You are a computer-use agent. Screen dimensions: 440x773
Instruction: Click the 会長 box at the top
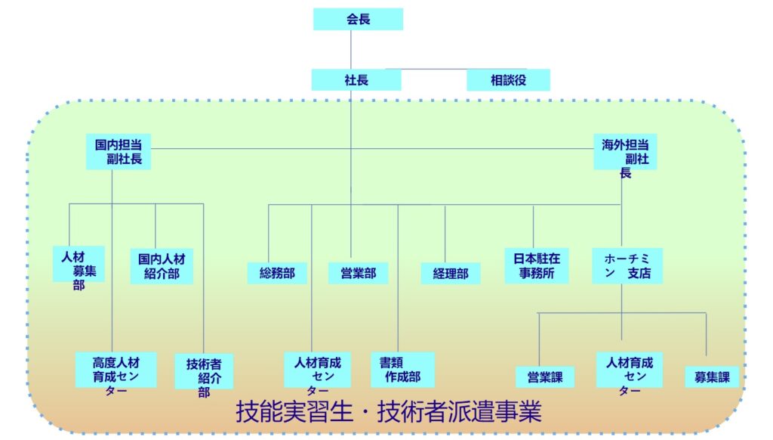[358, 20]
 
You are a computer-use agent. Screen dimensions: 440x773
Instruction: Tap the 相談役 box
[507, 79]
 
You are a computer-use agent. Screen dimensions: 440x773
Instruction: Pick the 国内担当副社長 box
[119, 151]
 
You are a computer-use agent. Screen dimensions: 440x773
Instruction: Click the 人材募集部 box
[79, 264]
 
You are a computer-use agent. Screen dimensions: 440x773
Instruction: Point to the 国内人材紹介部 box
[162, 266]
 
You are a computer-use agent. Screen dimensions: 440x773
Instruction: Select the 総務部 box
[277, 273]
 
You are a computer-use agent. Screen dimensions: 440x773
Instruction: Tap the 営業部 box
[358, 273]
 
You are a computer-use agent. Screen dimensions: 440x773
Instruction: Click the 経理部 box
[451, 273]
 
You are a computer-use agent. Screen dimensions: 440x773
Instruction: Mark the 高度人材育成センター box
[115, 370]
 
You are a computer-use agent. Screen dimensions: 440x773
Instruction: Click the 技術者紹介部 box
[204, 370]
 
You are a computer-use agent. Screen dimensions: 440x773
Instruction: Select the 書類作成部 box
[402, 370]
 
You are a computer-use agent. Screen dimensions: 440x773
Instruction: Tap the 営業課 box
[545, 376]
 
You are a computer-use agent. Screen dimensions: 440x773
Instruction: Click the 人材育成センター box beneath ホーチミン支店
[629, 370]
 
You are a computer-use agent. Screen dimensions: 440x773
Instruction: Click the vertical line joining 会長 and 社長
[351, 50]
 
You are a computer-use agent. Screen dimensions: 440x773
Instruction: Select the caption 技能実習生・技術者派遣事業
[389, 412]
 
